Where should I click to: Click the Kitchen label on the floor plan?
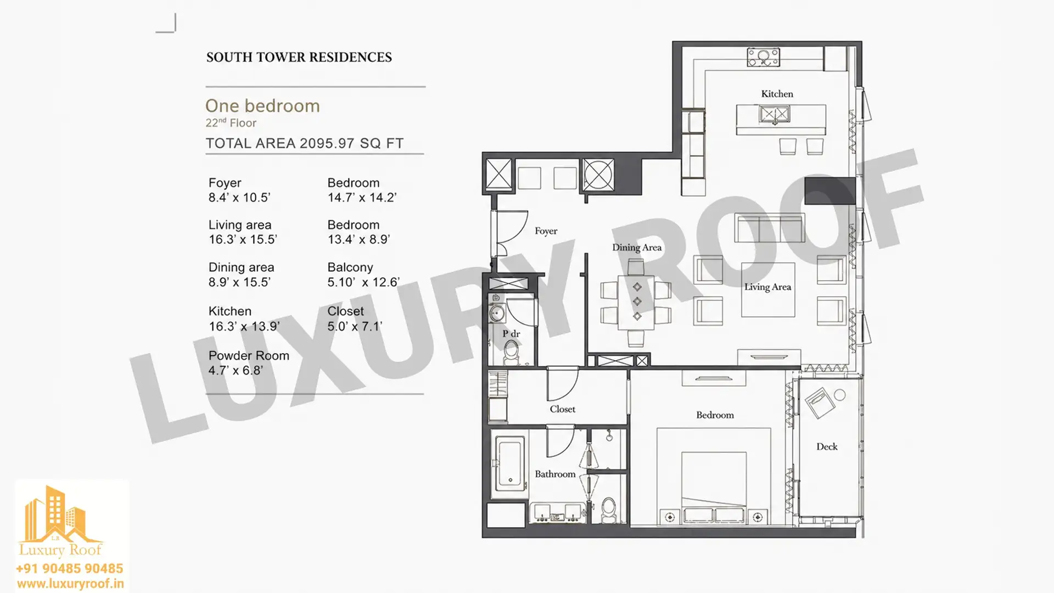[777, 94]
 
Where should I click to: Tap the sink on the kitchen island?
[774, 115]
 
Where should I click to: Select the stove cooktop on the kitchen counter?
[764, 57]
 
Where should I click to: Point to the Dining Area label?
[637, 248]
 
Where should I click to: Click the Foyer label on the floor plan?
[546, 231]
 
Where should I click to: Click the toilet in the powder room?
[512, 352]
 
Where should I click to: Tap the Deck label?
[827, 447]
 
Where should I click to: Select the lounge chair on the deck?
[820, 403]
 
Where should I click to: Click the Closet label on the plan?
[563, 410]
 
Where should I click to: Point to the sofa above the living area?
[770, 228]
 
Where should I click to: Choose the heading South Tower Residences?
[299, 57]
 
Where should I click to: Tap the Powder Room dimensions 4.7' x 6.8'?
[236, 371]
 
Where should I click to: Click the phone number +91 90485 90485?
[69, 568]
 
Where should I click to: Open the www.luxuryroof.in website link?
[70, 584]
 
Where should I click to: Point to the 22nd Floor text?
[231, 123]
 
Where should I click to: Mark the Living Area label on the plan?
[767, 287]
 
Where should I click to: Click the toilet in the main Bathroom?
[609, 510]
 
